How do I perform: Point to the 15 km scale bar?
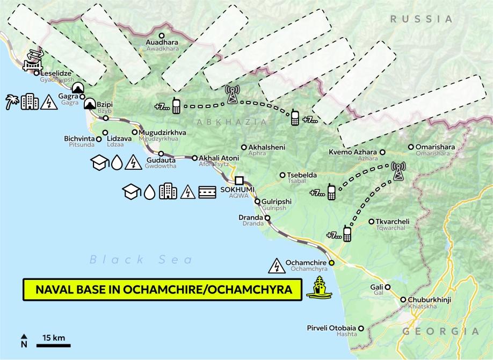pos(53,342)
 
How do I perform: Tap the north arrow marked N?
pos(24,341)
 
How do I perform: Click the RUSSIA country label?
pos(422,19)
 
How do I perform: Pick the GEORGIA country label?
pos(440,332)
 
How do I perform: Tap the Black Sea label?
pos(141,260)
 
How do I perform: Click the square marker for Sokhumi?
pos(239,181)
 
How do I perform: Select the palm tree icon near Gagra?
pos(12,102)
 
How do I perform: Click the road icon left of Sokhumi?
pos(207,191)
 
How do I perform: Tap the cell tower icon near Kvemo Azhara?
pos(398,172)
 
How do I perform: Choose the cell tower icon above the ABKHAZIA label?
pos(232,94)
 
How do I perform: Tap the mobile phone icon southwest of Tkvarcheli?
pos(347,234)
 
